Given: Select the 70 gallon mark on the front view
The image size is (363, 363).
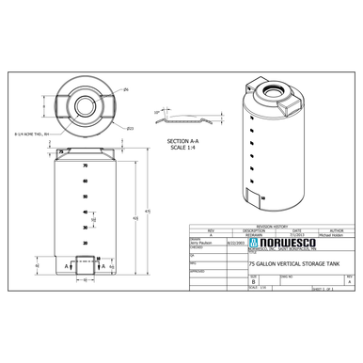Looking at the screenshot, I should point(85,166).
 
